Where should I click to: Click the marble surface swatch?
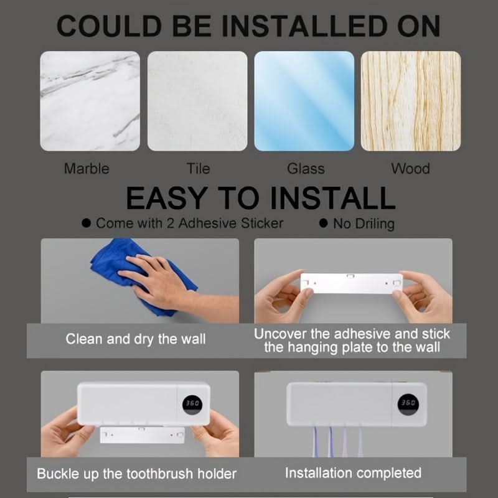click(90, 101)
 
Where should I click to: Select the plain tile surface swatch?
click(197, 101)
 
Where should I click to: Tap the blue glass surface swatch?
click(304, 101)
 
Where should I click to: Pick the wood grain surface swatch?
click(411, 101)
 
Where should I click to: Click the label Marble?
click(87, 169)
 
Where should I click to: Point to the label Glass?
click(306, 169)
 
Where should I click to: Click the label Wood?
click(410, 169)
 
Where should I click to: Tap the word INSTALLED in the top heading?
click(304, 26)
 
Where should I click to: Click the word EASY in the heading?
click(167, 198)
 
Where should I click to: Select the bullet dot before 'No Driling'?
click(323, 223)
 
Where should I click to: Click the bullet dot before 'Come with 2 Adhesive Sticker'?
click(86, 223)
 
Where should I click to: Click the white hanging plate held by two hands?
click(352, 283)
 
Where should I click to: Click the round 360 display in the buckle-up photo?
click(192, 405)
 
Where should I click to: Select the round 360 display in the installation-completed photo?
click(408, 405)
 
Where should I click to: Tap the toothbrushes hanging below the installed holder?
click(337, 441)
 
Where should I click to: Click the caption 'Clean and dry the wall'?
click(136, 339)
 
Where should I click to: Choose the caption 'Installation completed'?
click(353, 473)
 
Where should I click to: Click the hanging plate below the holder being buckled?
click(143, 435)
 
